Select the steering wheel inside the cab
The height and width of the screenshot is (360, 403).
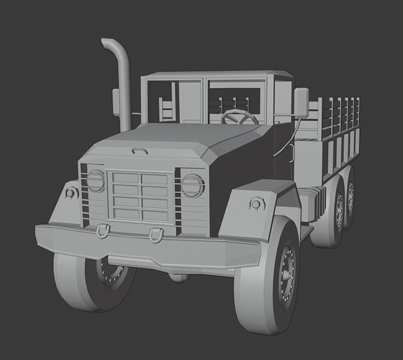point(240,117)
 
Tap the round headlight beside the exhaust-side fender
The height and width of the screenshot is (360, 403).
point(96,180)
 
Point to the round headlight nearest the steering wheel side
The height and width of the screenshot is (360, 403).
point(192,185)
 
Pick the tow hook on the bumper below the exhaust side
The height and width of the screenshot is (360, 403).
point(103,230)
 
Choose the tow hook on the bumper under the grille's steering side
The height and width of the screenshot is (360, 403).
point(155,234)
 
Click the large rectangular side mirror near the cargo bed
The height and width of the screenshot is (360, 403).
point(301,103)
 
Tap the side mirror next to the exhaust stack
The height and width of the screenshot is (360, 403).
point(116,102)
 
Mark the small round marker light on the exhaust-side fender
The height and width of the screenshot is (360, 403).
point(71,193)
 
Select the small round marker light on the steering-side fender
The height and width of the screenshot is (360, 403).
point(257,204)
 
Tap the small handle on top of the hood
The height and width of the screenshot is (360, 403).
point(140,151)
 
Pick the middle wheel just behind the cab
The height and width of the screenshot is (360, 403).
point(336,212)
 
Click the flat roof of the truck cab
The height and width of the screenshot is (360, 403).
point(216,75)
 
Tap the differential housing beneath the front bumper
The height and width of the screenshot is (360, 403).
point(178,276)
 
